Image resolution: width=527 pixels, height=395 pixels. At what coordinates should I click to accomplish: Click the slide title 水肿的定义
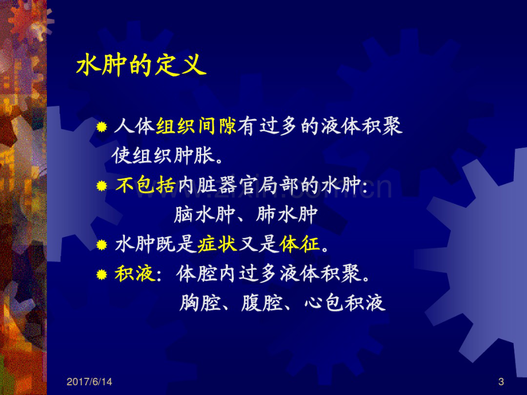click(141, 65)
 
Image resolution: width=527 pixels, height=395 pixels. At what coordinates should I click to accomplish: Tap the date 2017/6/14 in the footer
click(89, 382)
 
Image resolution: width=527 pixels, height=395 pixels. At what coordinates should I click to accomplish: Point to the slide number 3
click(501, 382)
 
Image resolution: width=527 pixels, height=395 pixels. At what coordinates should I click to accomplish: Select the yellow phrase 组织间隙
click(196, 127)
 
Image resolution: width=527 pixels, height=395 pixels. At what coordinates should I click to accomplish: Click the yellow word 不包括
click(146, 185)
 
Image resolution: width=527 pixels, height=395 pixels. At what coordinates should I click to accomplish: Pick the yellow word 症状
click(218, 243)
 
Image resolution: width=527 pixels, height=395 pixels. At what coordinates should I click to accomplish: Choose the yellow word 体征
click(300, 243)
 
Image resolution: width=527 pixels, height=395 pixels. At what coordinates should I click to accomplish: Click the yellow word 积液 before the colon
click(135, 274)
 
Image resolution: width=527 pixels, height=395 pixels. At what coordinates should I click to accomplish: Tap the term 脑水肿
click(204, 214)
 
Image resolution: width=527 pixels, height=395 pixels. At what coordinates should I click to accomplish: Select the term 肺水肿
click(286, 214)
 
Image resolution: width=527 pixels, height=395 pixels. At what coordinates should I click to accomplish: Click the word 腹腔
click(261, 303)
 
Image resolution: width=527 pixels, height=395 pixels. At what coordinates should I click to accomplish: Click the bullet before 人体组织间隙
click(101, 127)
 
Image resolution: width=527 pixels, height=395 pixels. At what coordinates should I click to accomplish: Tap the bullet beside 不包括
click(101, 185)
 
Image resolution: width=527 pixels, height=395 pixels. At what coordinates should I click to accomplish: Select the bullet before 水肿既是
click(101, 244)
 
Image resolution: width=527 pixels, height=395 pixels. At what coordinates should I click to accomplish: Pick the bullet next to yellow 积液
click(101, 274)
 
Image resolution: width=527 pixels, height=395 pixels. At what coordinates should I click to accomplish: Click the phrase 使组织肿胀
click(163, 156)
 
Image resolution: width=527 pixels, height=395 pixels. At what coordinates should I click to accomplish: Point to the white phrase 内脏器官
click(217, 185)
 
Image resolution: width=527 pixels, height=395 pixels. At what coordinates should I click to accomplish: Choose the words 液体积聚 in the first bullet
click(361, 127)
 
